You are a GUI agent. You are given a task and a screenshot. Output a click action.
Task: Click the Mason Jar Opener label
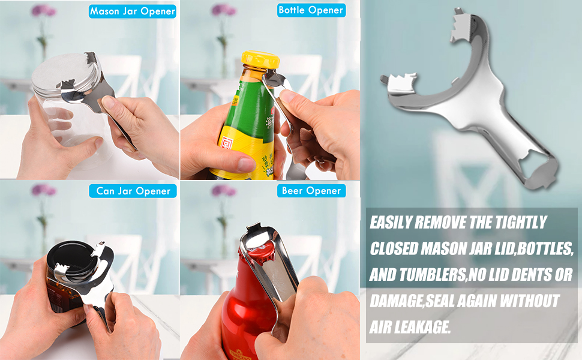pyautogui.click(x=133, y=11)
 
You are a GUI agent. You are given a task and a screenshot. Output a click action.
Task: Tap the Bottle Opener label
pyautogui.click(x=311, y=10)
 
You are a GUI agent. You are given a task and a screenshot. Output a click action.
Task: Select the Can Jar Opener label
pyautogui.click(x=134, y=191)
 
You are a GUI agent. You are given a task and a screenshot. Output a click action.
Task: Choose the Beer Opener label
pyautogui.click(x=311, y=191)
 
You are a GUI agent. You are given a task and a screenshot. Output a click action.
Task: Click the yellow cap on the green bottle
pyautogui.click(x=260, y=61)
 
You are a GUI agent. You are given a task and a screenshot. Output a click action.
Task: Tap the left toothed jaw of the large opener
pyautogui.click(x=398, y=83)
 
